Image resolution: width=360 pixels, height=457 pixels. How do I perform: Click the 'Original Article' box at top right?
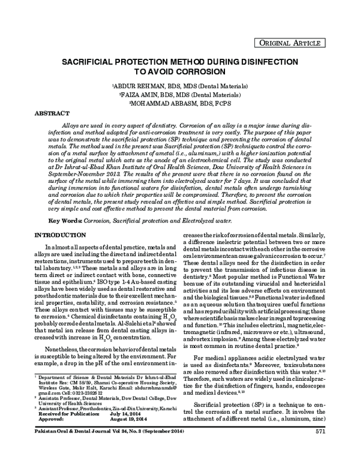(308, 43)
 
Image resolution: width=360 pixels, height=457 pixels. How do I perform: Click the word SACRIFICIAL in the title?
(98, 61)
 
